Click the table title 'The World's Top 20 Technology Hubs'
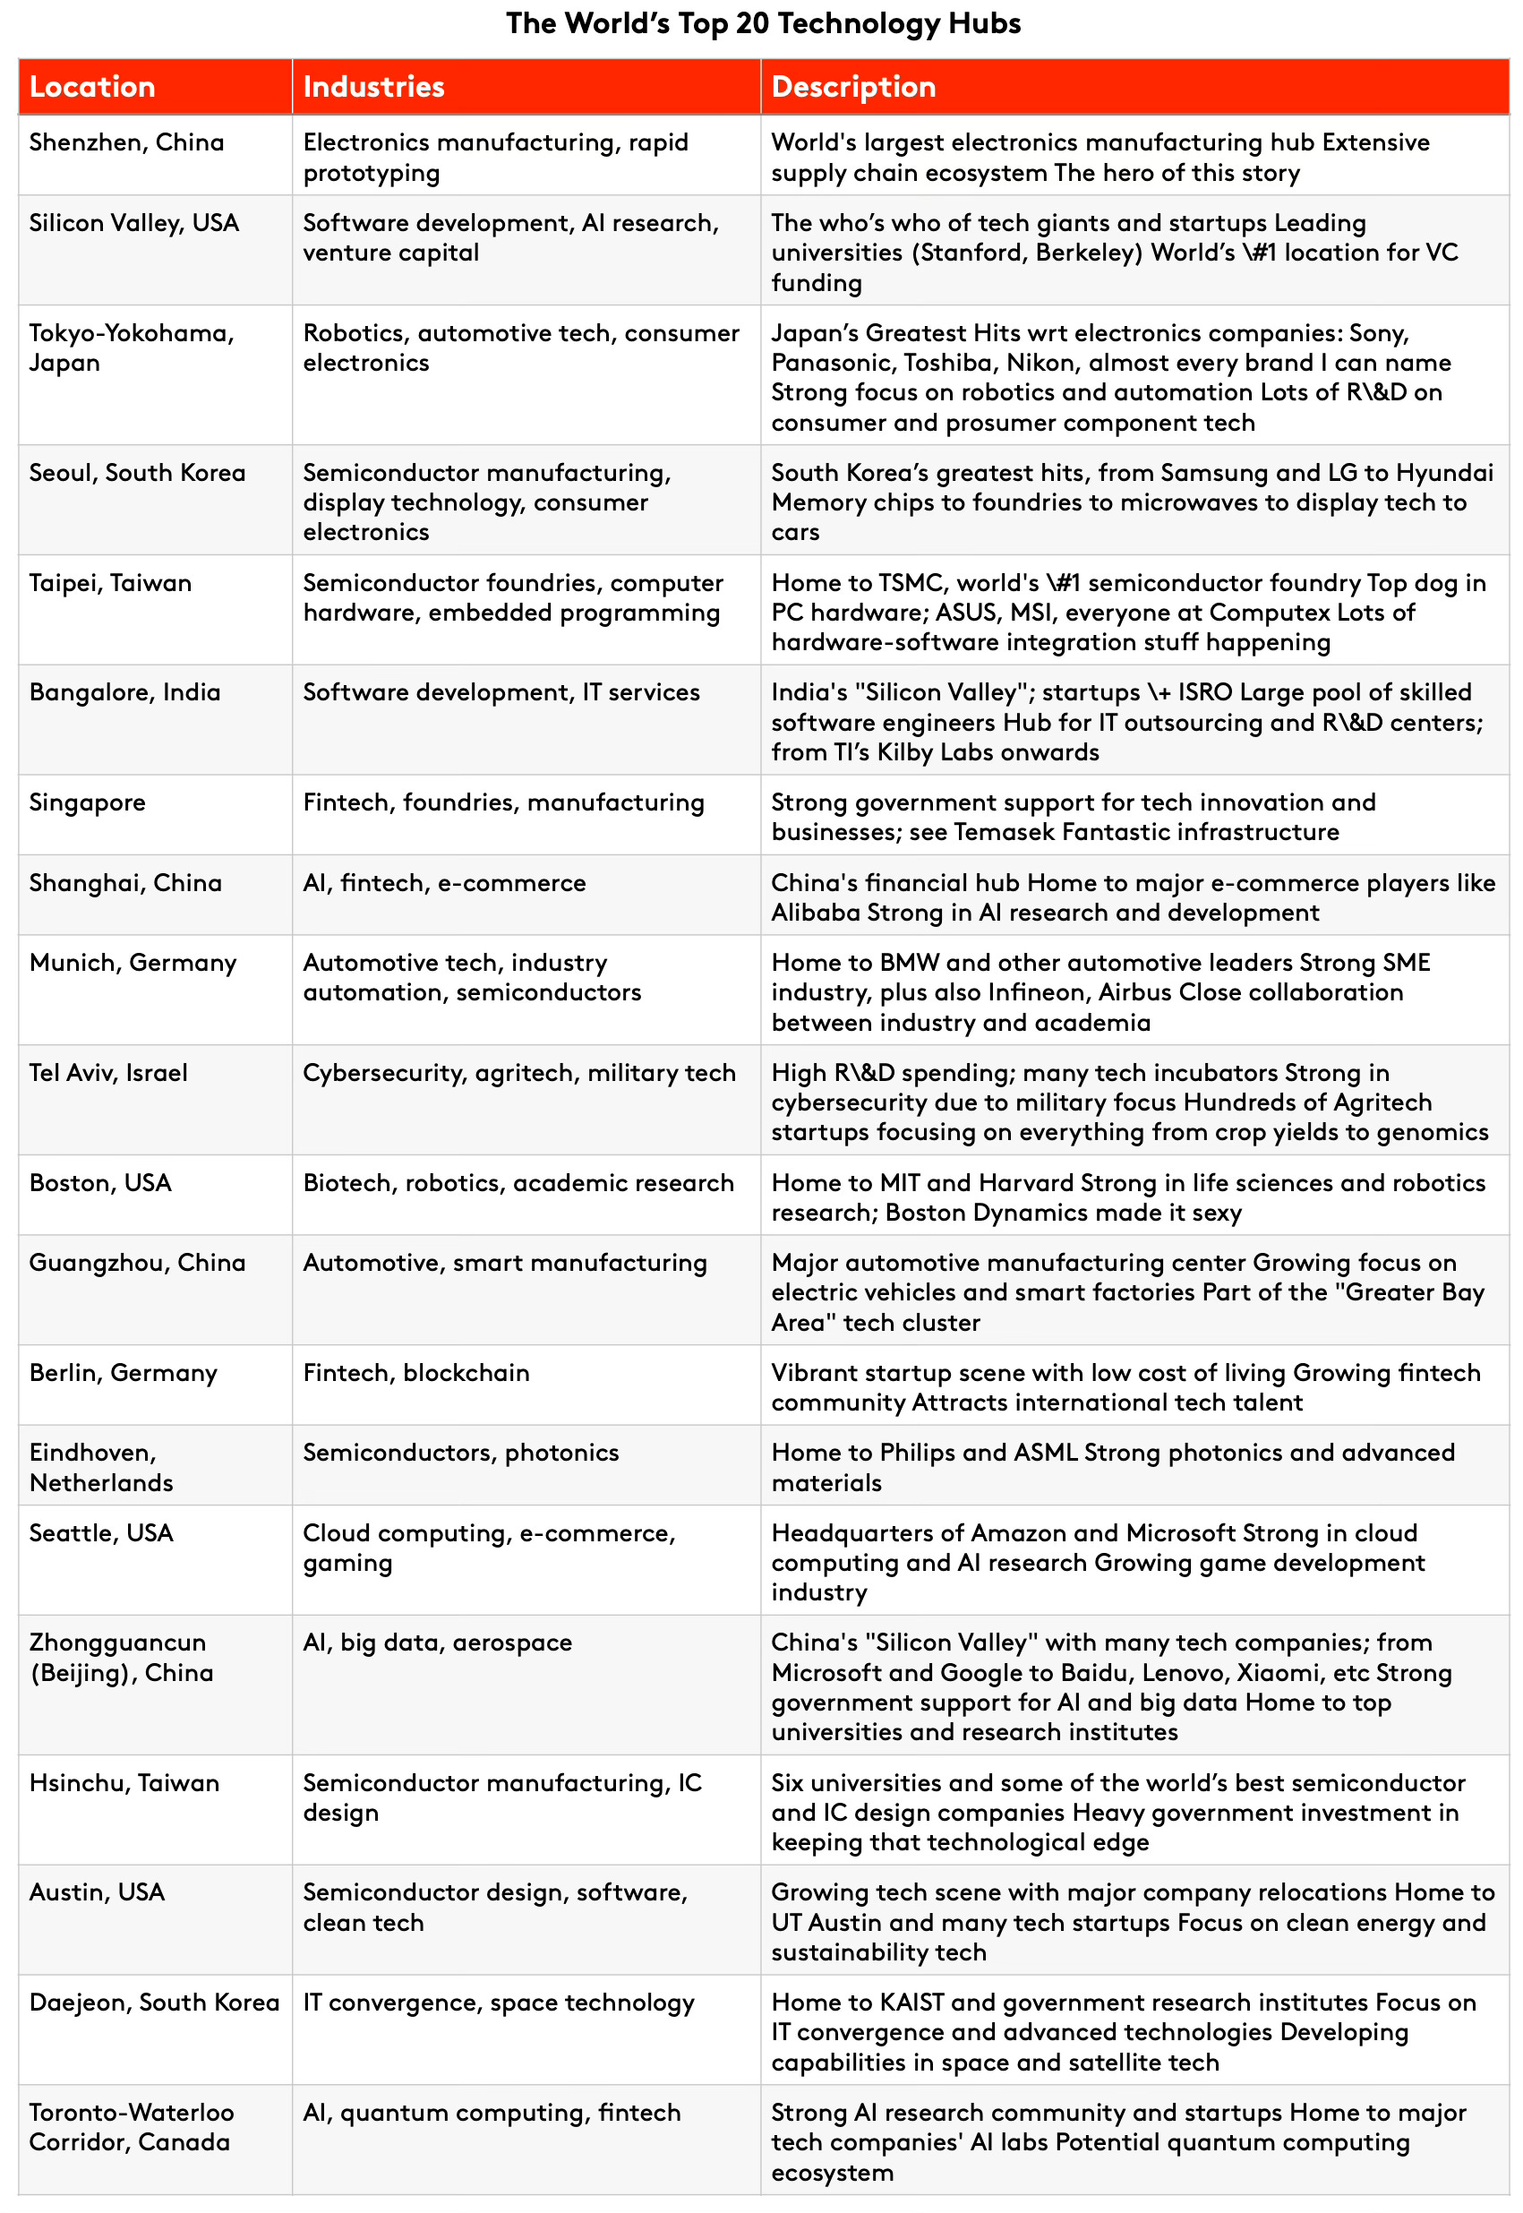763,23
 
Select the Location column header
92,87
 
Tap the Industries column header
373,87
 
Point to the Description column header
853,87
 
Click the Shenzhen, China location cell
127,142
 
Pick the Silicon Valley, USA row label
133,223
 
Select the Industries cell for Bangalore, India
501,693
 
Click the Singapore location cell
87,802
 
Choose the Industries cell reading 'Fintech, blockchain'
416,1373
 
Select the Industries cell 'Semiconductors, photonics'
461,1454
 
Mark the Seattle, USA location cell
101,1533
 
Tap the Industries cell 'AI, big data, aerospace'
437,1643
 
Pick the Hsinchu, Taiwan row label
124,1784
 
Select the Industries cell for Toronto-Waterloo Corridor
492,2113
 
